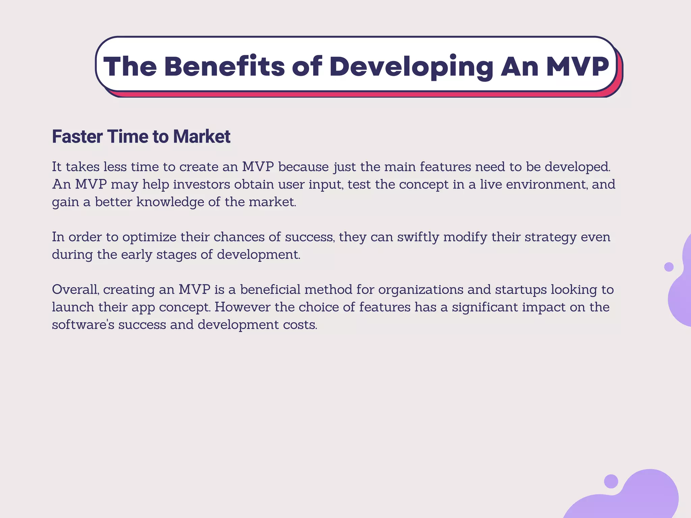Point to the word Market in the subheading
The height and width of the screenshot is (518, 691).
click(201, 137)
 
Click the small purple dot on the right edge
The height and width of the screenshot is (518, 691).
click(669, 267)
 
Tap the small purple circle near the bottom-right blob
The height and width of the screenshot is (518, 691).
click(611, 481)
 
